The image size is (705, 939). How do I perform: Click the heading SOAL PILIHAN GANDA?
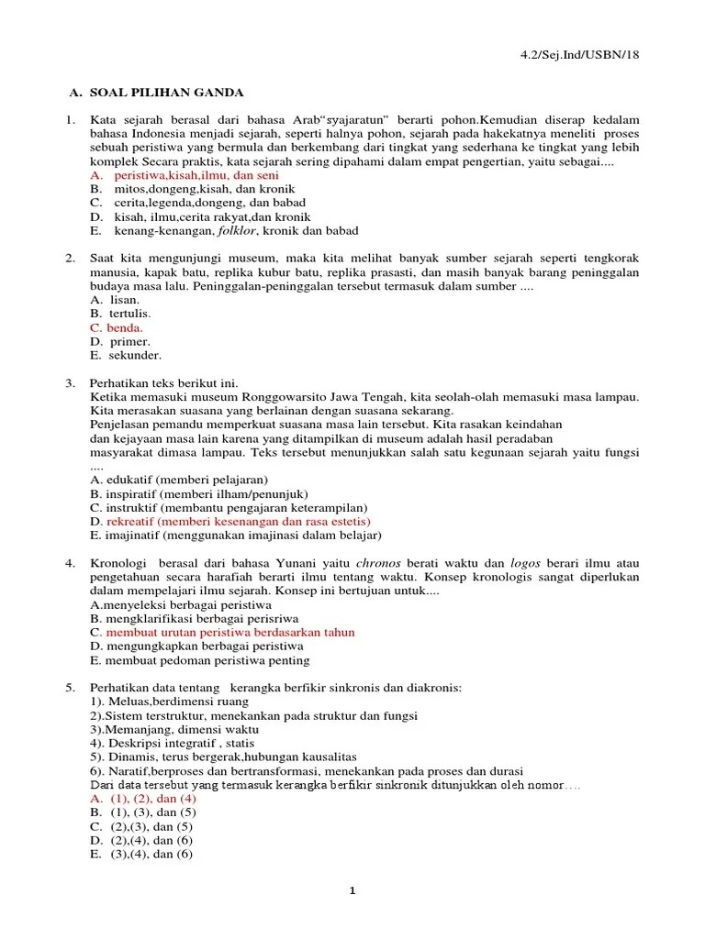click(x=166, y=93)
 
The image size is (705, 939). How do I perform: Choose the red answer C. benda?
click(x=117, y=327)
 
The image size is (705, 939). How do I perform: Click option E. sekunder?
click(x=126, y=355)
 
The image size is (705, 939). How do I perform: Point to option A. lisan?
click(x=115, y=300)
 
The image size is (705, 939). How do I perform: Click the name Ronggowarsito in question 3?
click(x=269, y=397)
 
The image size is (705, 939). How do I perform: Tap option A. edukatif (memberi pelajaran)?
click(x=179, y=480)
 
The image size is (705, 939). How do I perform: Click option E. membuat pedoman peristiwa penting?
click(x=199, y=660)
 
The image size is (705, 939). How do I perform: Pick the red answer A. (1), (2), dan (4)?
click(x=143, y=799)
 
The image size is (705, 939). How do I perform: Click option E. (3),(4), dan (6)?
click(x=141, y=854)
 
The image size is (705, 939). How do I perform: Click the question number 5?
click(x=69, y=688)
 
